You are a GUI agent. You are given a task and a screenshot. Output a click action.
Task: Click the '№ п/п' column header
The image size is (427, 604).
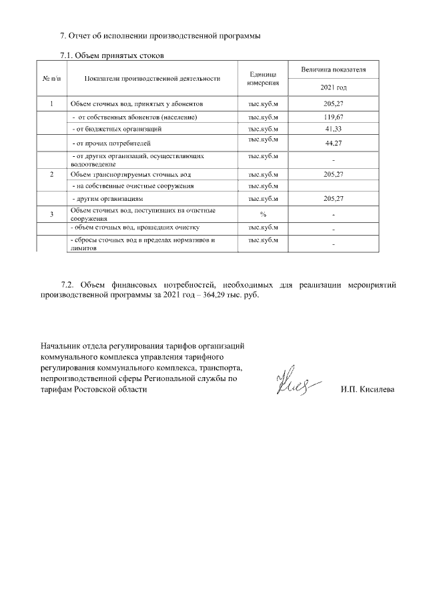(x=51, y=79)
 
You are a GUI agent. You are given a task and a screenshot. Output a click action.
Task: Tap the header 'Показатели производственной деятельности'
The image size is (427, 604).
(x=152, y=79)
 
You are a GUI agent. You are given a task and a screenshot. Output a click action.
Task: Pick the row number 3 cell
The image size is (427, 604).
(x=51, y=214)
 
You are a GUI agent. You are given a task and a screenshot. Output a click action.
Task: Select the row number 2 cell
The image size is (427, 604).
(x=51, y=174)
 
